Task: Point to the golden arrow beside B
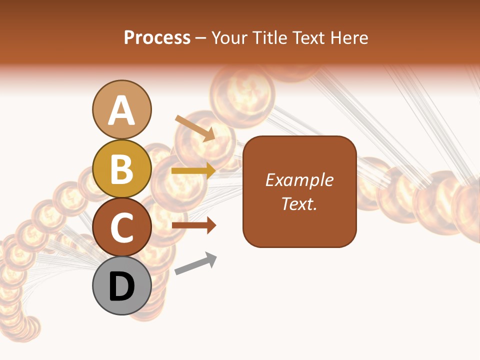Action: click(x=193, y=171)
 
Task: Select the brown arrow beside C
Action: click(x=193, y=225)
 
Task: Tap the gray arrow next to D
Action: click(x=195, y=264)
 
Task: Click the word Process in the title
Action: click(x=157, y=37)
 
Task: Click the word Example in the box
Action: click(x=299, y=180)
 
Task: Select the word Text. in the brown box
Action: click(x=299, y=203)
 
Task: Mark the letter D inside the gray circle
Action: click(x=121, y=286)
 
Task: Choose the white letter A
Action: click(x=121, y=110)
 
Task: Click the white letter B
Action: click(x=121, y=168)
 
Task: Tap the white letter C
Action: click(x=121, y=227)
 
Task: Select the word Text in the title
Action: click(x=309, y=37)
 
